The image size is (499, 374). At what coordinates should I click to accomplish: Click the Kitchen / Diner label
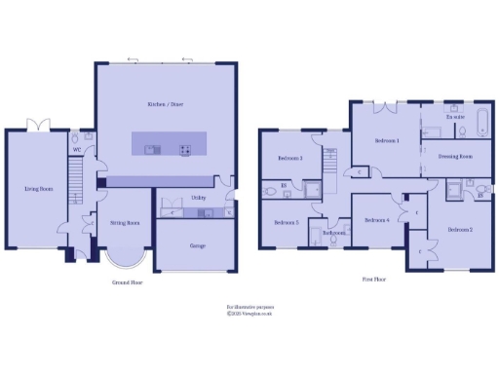click(x=165, y=104)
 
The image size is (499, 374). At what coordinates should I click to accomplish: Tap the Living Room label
click(x=38, y=189)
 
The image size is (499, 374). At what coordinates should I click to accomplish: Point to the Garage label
click(x=196, y=245)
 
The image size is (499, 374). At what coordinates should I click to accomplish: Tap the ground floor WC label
click(x=76, y=149)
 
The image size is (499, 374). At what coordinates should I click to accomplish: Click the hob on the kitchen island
click(x=184, y=149)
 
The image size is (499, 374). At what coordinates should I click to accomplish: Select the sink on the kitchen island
click(x=151, y=149)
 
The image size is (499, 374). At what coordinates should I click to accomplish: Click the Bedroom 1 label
click(x=386, y=141)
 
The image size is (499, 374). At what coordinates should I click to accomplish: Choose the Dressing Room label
click(x=455, y=156)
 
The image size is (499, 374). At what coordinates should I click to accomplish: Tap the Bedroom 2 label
click(x=460, y=229)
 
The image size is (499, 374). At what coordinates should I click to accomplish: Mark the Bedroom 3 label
click(x=289, y=158)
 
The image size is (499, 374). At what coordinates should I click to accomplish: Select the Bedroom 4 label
click(x=377, y=220)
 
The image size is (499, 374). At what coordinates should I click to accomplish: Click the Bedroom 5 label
click(x=285, y=222)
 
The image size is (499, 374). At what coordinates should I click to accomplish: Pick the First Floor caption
click(x=374, y=279)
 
